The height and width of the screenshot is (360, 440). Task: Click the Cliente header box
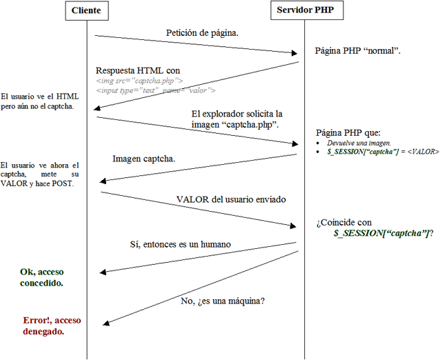click(86, 10)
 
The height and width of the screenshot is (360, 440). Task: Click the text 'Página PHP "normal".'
click(359, 51)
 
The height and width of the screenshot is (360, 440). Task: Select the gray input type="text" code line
click(156, 90)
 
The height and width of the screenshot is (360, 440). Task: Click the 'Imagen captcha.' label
click(143, 159)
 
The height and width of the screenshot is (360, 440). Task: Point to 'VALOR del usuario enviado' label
click(231, 200)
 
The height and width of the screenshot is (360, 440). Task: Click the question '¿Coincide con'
click(344, 223)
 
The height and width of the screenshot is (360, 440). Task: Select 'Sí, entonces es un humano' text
click(180, 245)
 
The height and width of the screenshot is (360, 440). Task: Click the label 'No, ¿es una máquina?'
click(223, 301)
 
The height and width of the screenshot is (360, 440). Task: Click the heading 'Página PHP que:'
click(348, 132)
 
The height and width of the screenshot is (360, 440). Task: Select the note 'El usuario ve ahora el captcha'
click(40, 174)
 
